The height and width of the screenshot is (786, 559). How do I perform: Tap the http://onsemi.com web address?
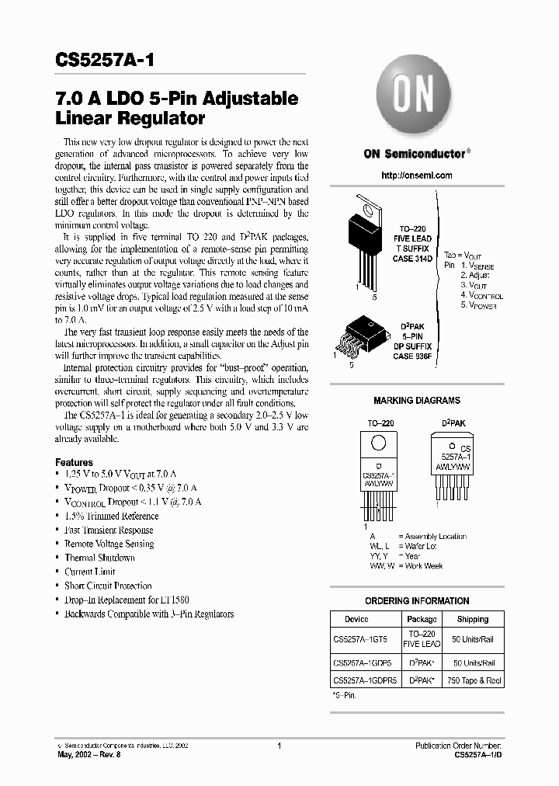[417, 176]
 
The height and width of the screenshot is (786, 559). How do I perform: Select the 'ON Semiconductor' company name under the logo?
[415, 153]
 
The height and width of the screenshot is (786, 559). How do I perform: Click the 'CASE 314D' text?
[412, 259]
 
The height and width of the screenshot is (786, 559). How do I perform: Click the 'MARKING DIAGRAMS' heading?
[417, 401]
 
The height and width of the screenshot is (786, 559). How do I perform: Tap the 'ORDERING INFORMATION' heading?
[417, 600]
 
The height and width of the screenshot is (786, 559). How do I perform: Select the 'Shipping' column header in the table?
[473, 619]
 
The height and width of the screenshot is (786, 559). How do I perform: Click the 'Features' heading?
[74, 462]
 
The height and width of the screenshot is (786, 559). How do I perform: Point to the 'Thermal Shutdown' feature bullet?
[99, 558]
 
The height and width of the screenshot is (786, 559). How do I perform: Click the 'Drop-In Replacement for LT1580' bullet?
[127, 600]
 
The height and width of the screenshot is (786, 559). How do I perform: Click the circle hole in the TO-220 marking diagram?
[378, 443]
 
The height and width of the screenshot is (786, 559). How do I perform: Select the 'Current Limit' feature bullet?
[89, 572]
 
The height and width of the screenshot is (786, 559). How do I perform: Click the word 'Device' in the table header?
[356, 619]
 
